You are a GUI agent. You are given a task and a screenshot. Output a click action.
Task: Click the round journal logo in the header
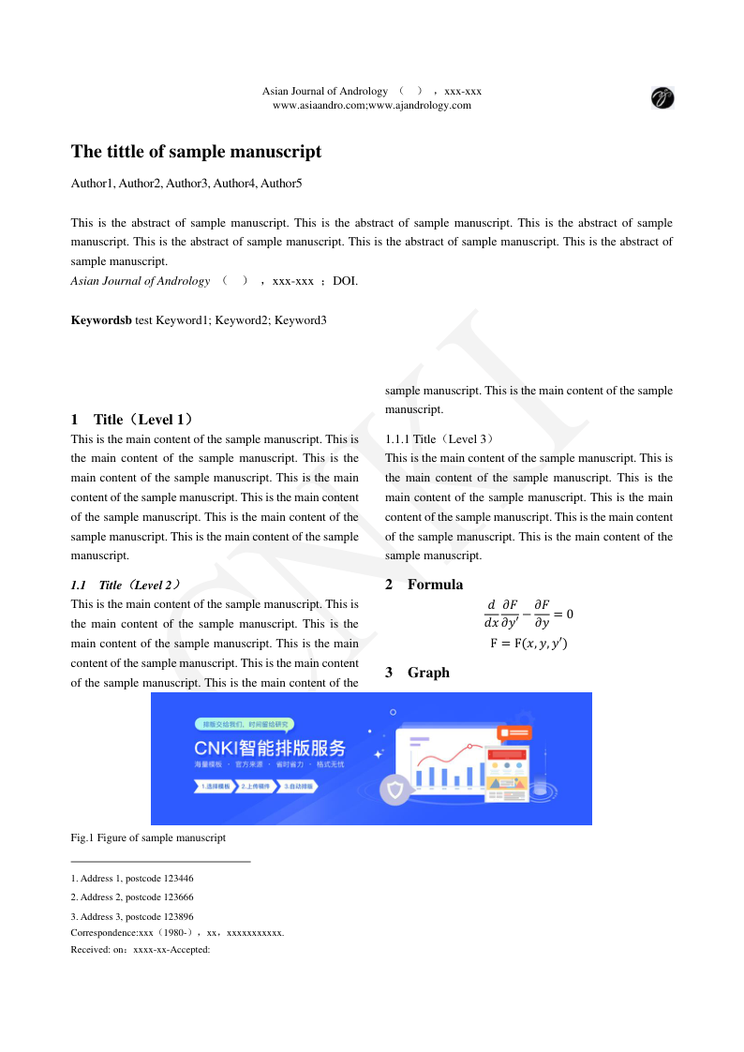pos(662,97)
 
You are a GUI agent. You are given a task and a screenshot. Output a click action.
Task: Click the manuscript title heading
pos(196,152)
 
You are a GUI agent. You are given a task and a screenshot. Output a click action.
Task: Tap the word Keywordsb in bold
pos(101,320)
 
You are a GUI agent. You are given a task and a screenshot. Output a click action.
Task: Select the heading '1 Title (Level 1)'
pos(132,420)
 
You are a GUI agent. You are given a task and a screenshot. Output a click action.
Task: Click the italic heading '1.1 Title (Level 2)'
pos(126,585)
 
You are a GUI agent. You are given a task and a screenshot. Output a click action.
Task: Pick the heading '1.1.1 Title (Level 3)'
pos(439,438)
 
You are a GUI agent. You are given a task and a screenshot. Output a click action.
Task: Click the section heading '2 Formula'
pos(424,585)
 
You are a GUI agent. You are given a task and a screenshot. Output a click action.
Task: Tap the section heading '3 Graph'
pos(417,673)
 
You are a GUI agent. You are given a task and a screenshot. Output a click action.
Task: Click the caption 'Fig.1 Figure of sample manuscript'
pos(148,837)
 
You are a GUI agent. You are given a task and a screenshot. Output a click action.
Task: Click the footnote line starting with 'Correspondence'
pos(177,933)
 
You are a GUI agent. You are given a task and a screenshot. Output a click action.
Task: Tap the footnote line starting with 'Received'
pos(140,950)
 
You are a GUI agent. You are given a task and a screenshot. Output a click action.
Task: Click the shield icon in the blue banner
pos(395,790)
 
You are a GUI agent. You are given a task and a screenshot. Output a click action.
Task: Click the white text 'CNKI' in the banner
pos(216,748)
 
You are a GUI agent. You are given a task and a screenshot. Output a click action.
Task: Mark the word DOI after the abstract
pos(344,281)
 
